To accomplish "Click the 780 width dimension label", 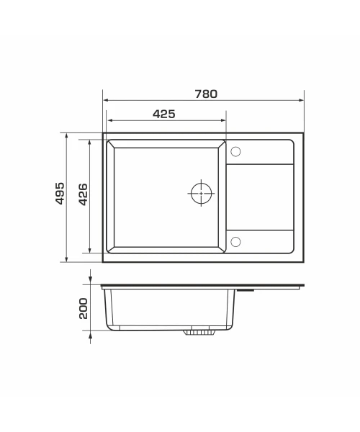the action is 206,94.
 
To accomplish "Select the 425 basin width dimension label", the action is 164,114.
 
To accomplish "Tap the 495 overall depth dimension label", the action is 60,193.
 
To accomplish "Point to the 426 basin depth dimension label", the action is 83,194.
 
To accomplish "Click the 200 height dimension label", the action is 83,308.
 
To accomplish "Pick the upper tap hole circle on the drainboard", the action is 235,151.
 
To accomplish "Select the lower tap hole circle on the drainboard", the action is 235,242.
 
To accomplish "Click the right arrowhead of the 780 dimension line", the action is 301,100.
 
